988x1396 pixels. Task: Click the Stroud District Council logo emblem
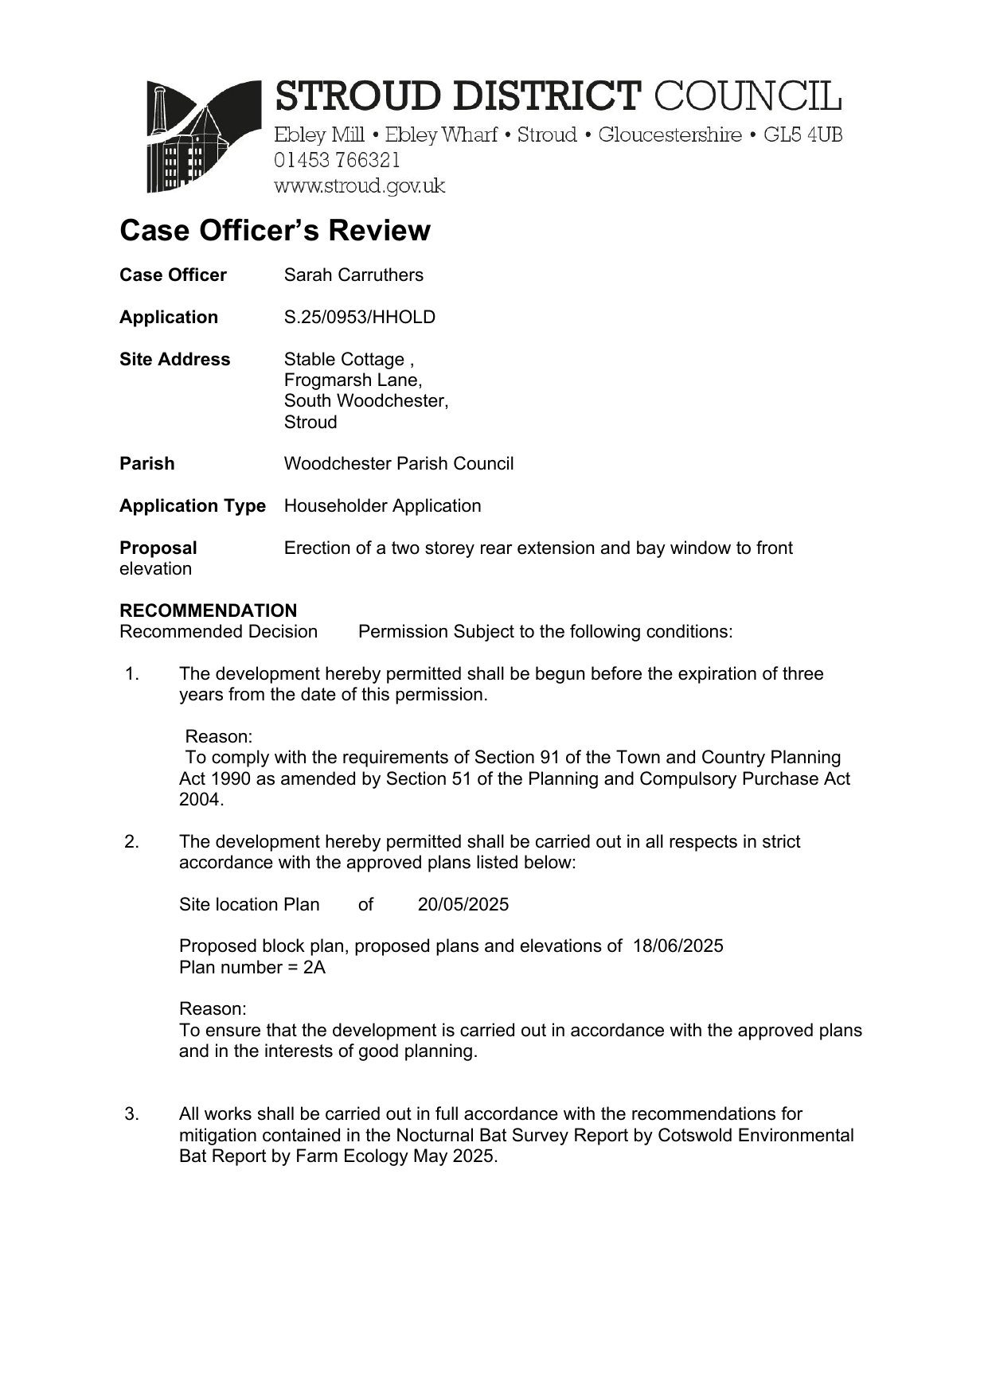[204, 136]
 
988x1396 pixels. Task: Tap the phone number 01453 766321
[337, 160]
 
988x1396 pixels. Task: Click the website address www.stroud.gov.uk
[359, 186]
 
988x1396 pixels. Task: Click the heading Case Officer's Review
[275, 231]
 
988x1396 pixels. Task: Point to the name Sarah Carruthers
[353, 275]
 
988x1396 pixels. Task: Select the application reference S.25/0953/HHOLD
[360, 318]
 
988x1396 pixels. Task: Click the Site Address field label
[174, 360]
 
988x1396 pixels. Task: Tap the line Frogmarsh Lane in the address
[353, 380]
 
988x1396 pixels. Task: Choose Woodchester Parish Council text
[399, 464]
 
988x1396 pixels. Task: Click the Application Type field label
[192, 506]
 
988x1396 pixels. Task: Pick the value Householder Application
[382, 506]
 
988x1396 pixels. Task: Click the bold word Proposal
[158, 548]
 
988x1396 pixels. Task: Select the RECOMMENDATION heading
[208, 611]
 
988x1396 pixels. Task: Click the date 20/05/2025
[463, 905]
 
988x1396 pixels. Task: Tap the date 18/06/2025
[678, 946]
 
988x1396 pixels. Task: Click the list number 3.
[131, 1114]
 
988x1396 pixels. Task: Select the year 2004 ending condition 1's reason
[200, 800]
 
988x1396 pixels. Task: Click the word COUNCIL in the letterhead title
[747, 97]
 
